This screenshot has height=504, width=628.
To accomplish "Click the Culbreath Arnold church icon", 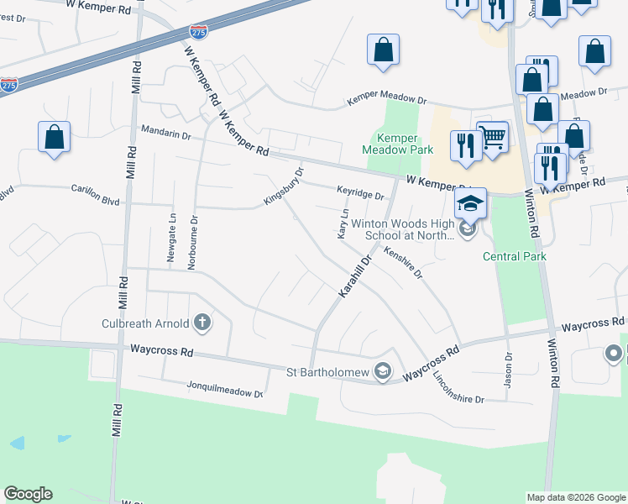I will point(201,321).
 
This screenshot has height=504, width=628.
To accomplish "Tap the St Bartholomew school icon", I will point(383,371).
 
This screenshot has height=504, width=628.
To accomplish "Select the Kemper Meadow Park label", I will point(397,144).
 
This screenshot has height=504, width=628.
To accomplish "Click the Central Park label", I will point(515,256).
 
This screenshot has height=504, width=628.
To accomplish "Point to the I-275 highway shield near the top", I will point(198,32).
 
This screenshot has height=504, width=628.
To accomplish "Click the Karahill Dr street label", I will point(353,275).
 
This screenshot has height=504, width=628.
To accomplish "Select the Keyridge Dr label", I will point(360,193).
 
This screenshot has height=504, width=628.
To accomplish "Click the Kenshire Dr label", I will point(403,261).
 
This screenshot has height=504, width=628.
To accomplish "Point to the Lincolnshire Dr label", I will point(458,388).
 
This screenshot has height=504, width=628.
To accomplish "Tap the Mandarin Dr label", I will point(166,132).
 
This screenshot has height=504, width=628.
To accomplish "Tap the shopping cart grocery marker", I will point(493,136).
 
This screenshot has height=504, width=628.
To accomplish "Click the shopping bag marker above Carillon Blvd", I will point(54,138).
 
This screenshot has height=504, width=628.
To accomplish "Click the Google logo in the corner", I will point(28,494).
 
